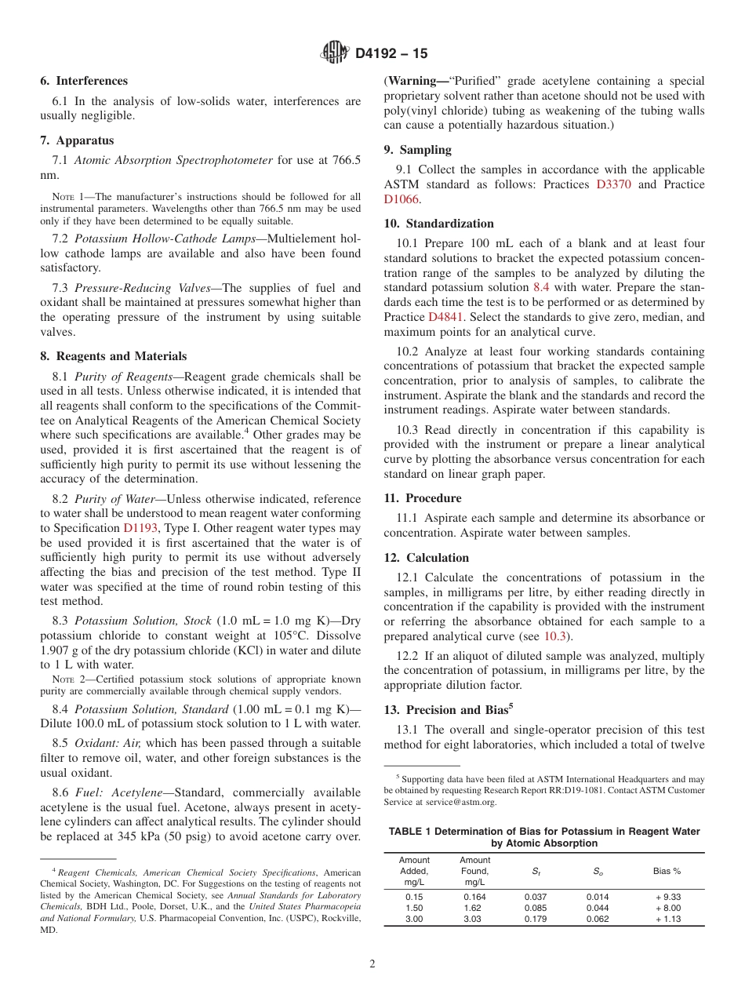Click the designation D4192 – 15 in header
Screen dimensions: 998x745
tap(391, 54)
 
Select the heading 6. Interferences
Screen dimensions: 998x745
tap(84, 81)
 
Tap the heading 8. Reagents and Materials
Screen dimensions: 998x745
tap(114, 356)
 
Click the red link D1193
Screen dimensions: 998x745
tap(140, 528)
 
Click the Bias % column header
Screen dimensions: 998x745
tap(667, 871)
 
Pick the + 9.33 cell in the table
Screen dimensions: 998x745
tap(667, 897)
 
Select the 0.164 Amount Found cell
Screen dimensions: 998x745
tap(474, 897)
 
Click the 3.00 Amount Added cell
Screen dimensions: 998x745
tap(413, 920)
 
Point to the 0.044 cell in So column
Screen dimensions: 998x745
tap(597, 908)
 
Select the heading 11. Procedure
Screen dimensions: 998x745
tap(423, 498)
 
